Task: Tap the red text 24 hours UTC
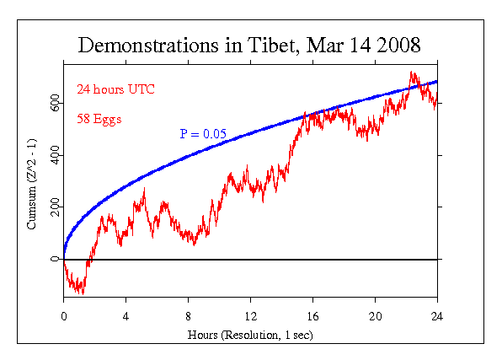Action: [115, 89]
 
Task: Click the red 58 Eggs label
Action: [99, 119]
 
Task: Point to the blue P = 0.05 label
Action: [202, 134]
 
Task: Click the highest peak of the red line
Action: [411, 72]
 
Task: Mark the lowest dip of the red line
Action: [82, 293]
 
